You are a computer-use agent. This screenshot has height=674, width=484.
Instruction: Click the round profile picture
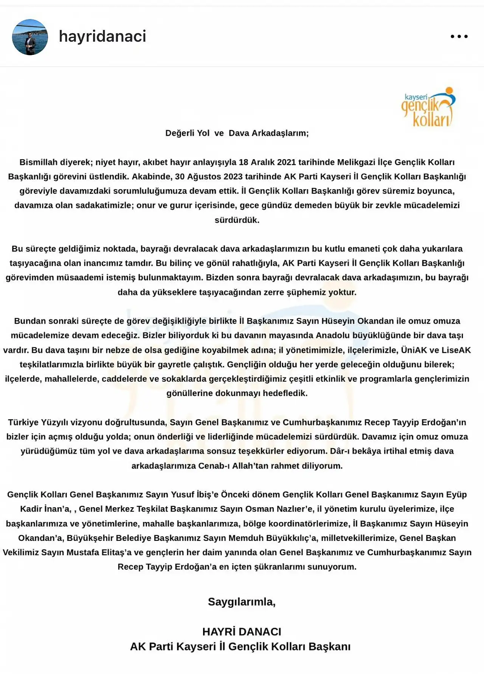30,37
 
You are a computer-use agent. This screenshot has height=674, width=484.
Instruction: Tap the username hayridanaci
102,36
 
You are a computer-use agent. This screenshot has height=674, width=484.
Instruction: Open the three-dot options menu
459,37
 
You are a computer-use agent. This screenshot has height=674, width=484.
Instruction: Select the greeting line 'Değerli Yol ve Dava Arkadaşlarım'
237,133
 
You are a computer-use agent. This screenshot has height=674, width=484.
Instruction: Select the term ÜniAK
414,350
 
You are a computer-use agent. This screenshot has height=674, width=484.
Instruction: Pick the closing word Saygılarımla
242,602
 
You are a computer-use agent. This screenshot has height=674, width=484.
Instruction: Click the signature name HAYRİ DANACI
242,632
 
